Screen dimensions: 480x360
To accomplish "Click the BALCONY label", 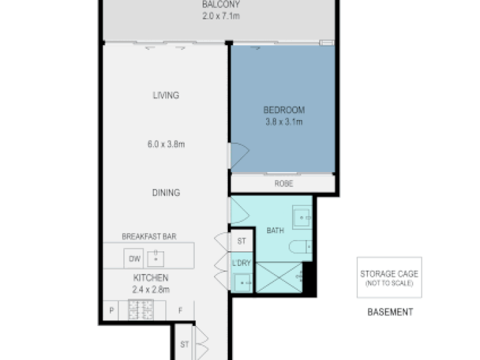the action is pos(221,5).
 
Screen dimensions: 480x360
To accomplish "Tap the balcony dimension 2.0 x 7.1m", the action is pos(221,16).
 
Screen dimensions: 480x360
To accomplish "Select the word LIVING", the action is pos(166,95).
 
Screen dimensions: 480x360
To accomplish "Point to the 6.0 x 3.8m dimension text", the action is pos(166,144).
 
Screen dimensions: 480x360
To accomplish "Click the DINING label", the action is pos(166,193).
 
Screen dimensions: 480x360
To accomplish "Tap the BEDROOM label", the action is pos(284,110).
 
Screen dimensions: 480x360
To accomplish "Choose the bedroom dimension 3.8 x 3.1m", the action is pos(284,122).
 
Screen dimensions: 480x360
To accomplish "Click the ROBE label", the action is pos(284,183).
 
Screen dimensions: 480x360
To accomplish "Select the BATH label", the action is pos(275,230).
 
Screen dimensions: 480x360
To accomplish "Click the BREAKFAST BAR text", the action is pos(149,236).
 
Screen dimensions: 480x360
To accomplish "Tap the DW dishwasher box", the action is pos(134,259).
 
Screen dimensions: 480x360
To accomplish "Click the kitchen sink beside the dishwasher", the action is pos(155,259).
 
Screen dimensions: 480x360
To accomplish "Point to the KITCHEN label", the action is pos(151,277).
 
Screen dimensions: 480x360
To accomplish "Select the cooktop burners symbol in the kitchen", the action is pos(141,309).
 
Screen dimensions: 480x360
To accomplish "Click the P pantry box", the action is pos(111,311).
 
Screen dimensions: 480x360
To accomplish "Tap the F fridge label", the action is pos(180,311).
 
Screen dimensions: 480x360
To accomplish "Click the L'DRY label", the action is pos(241,263).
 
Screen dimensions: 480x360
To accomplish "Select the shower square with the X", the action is pos(279,277).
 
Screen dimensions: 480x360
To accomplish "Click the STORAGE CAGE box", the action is pos(389,277).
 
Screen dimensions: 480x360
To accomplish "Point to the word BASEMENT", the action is pos(390,312).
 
